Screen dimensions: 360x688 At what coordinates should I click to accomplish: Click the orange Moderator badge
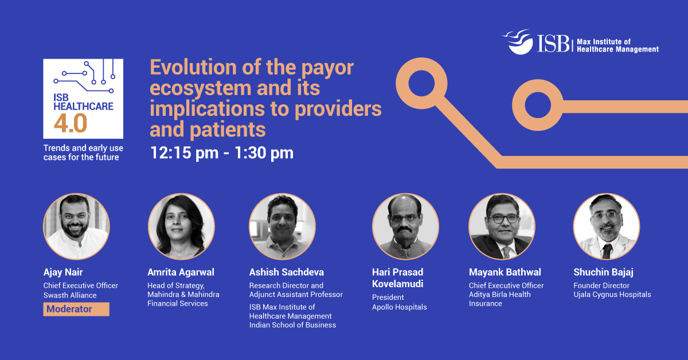click(x=76, y=310)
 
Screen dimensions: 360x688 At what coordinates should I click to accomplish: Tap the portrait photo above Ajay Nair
click(x=76, y=226)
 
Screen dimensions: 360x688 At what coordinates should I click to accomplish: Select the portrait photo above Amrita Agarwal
click(x=181, y=226)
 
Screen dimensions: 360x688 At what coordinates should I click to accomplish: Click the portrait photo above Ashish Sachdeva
click(x=282, y=226)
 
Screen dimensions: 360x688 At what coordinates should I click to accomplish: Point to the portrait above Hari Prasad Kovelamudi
click(x=405, y=226)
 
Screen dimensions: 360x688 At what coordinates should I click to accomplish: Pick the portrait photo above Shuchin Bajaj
click(x=607, y=226)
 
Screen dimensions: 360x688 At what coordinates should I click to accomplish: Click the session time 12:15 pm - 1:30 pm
click(x=221, y=153)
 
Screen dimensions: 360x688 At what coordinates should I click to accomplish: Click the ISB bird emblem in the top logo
click(x=518, y=42)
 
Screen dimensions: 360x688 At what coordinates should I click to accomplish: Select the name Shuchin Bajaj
click(x=604, y=272)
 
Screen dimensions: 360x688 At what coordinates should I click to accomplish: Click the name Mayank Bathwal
click(x=505, y=272)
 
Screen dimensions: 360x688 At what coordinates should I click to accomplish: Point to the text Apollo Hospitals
click(x=399, y=307)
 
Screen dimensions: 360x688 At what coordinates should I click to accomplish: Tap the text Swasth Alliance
click(x=70, y=295)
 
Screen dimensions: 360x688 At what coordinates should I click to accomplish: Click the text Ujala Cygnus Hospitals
click(x=612, y=295)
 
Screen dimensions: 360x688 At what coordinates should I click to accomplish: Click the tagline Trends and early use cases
click(x=83, y=152)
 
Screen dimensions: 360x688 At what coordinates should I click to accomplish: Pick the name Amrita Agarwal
click(x=181, y=272)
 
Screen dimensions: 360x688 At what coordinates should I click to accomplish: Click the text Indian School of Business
click(x=292, y=325)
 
